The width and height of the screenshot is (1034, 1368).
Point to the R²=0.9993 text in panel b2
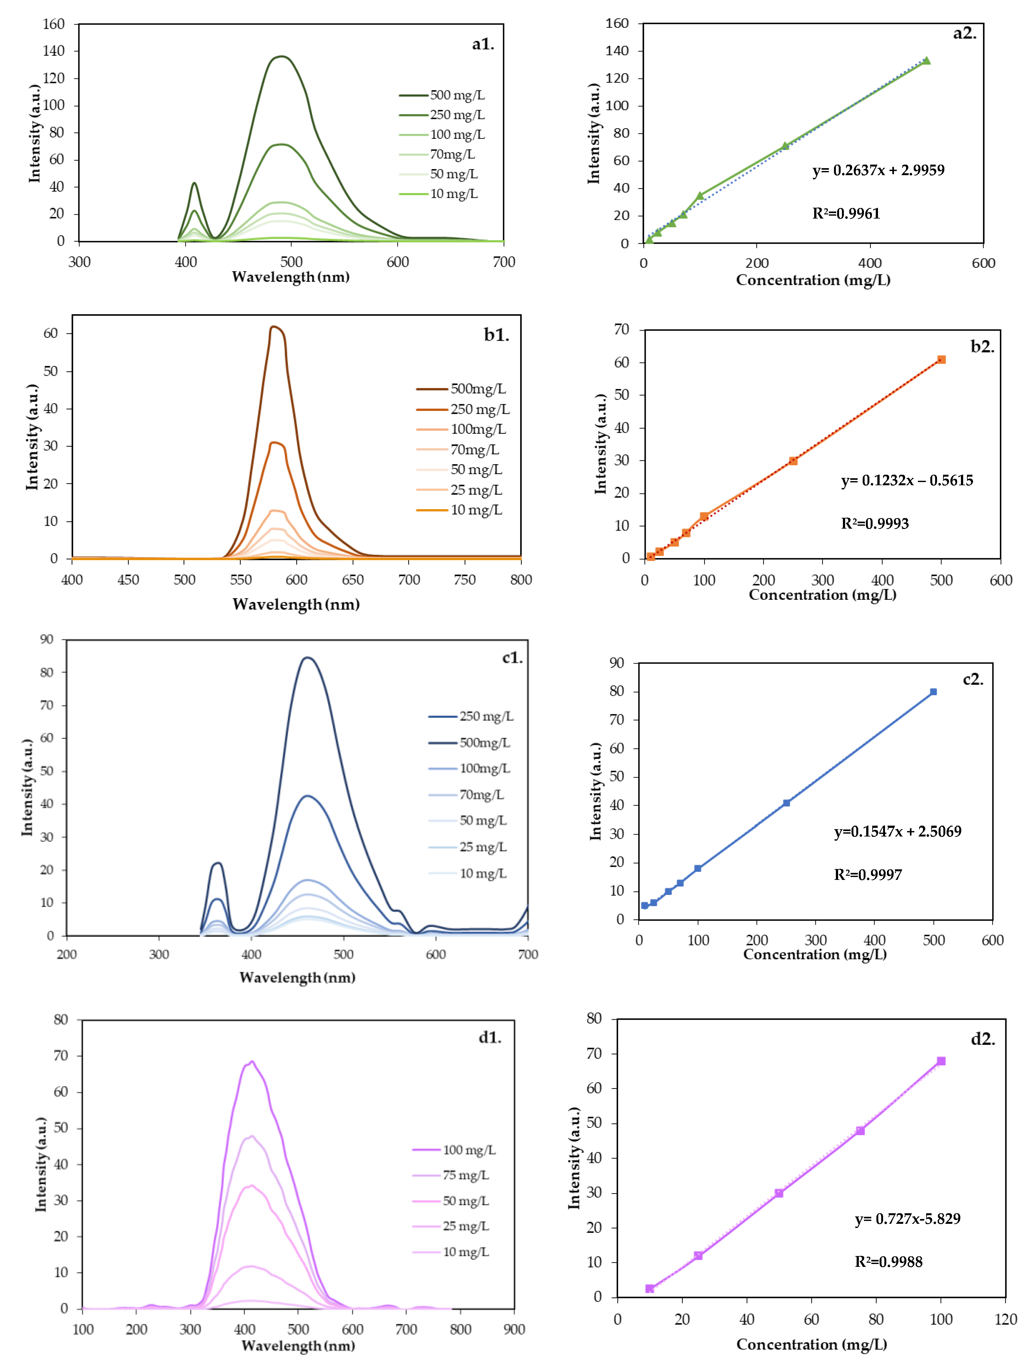coord(874,524)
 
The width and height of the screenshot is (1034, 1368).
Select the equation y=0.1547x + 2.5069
coord(897,831)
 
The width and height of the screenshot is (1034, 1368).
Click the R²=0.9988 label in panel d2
coord(888,1262)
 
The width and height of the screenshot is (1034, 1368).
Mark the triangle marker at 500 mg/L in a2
coord(926,61)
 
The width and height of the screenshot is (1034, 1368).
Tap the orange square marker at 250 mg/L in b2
coord(793,461)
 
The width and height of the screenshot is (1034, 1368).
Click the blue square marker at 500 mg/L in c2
coord(933,692)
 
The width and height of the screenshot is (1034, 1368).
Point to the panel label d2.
coord(983,1040)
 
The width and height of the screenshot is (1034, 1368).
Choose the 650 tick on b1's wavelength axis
coord(353,580)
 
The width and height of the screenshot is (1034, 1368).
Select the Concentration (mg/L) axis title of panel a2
coord(813,280)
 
